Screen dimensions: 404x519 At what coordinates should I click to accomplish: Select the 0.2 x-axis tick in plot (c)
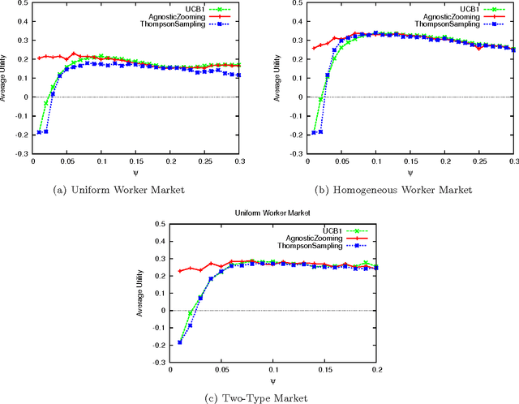377,370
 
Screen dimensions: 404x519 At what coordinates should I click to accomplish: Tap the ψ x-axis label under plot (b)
410,173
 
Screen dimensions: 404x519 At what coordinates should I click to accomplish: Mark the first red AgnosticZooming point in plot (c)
180,271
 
